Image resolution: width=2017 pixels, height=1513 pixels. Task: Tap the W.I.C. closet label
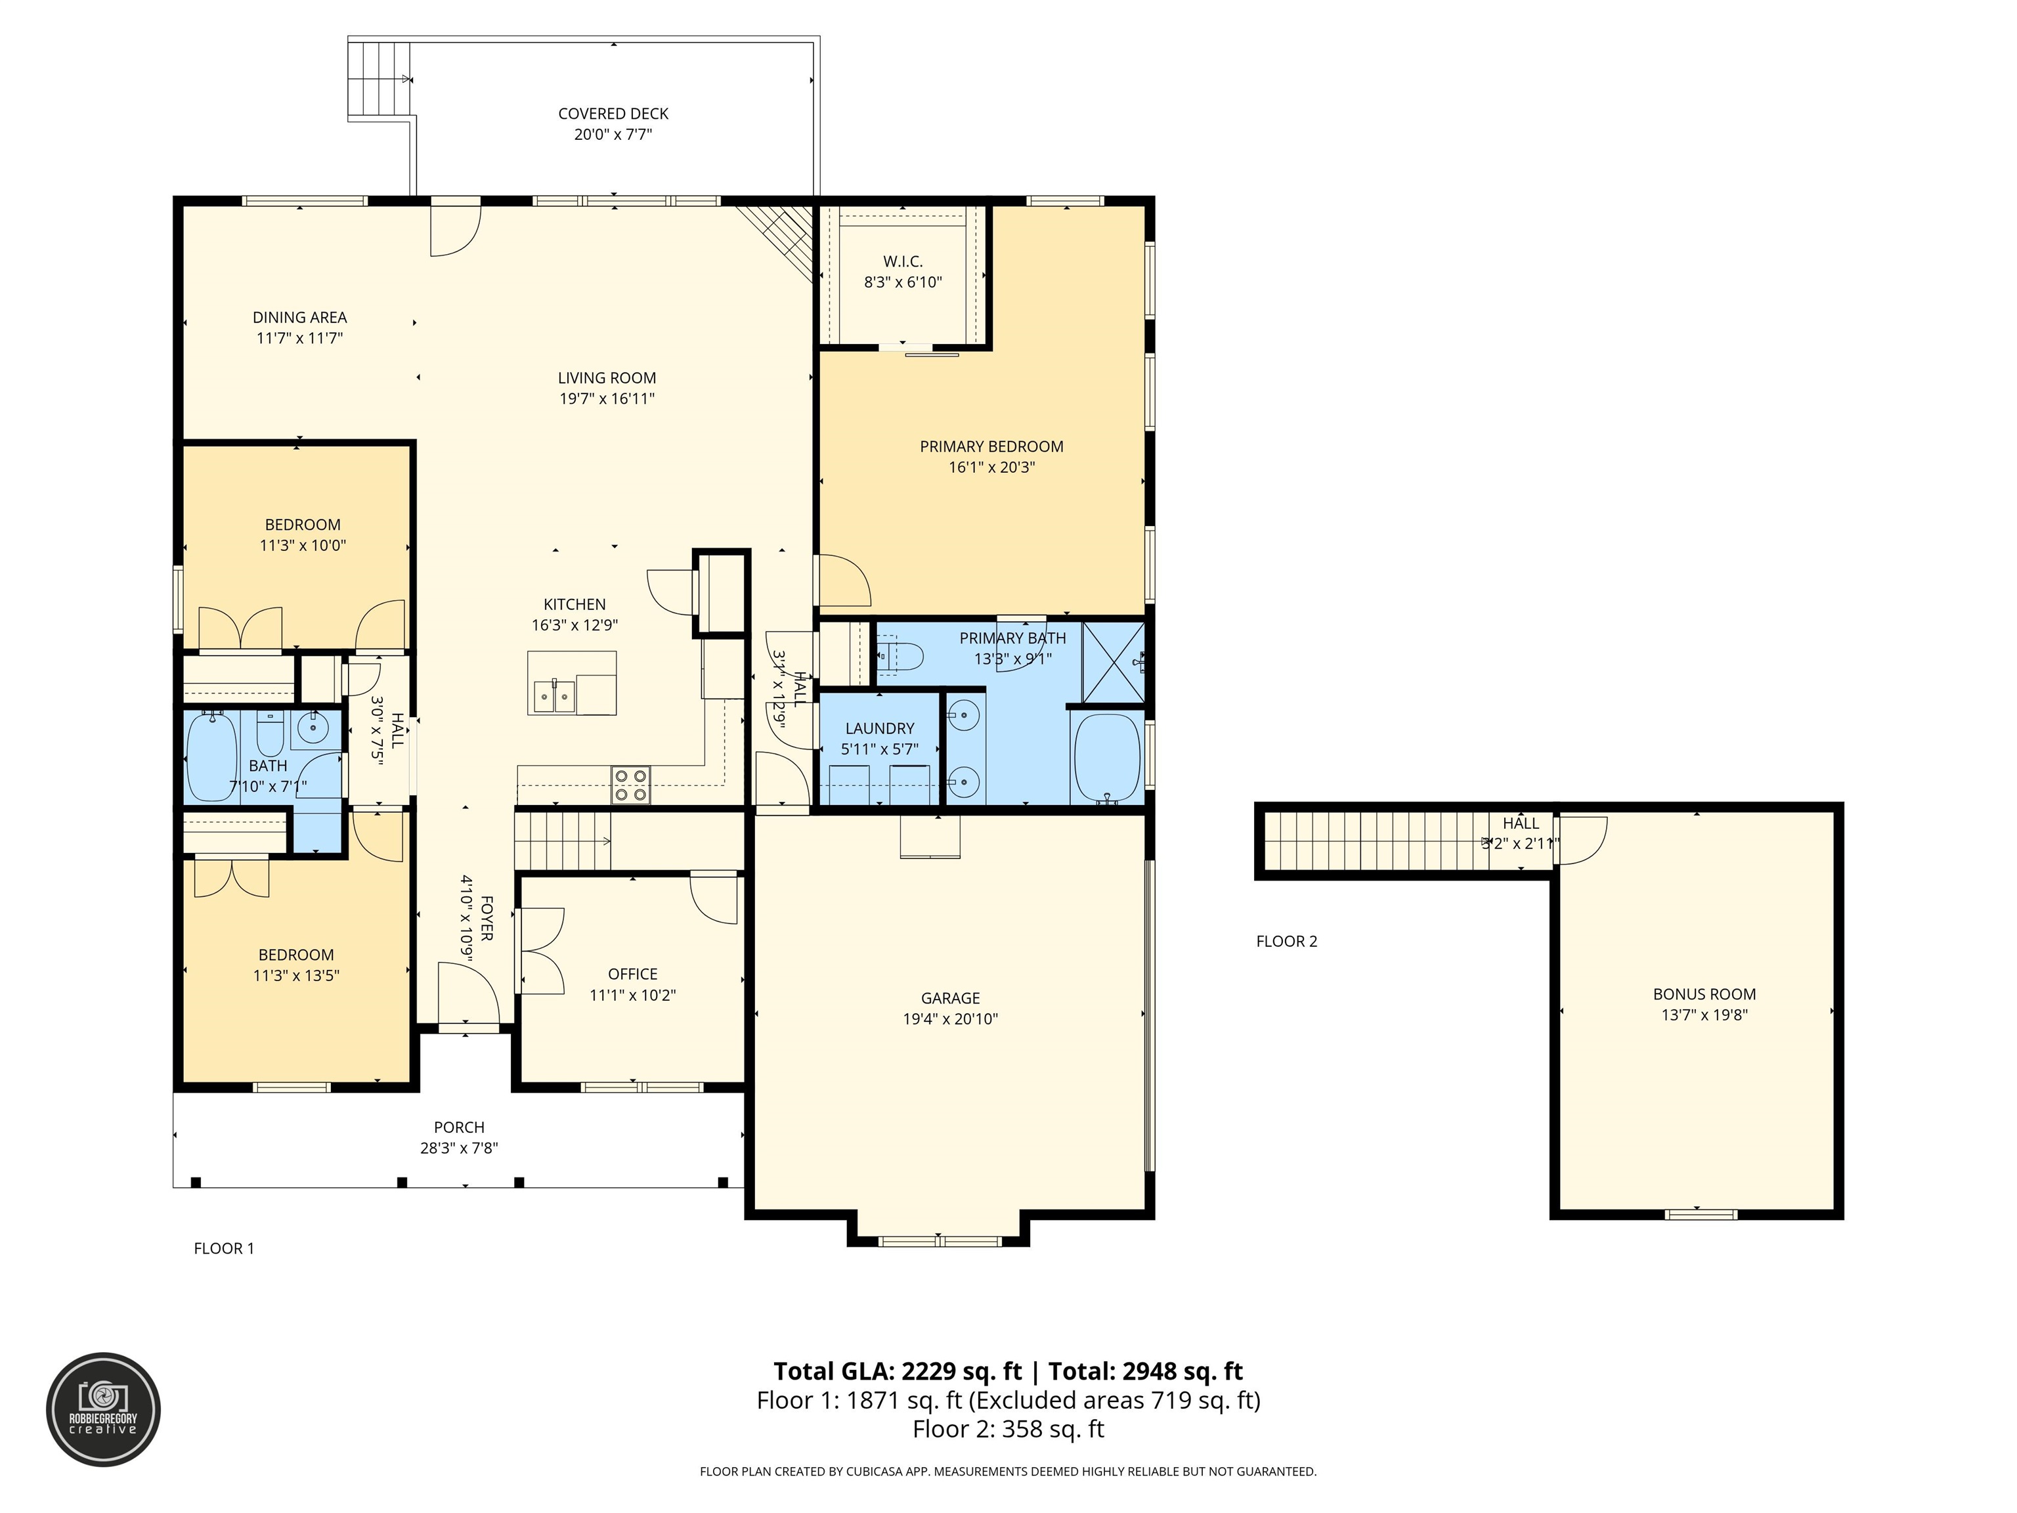point(903,262)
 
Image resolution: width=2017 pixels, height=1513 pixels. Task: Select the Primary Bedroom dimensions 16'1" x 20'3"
point(991,468)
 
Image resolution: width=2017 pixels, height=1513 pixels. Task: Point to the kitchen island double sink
point(553,697)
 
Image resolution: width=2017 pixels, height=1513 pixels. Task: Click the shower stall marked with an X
point(1114,662)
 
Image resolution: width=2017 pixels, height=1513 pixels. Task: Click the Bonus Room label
point(1704,995)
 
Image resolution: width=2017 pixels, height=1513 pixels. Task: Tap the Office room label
point(633,974)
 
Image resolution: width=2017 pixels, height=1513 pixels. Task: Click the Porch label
point(459,1128)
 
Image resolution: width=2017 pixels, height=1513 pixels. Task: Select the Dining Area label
point(299,317)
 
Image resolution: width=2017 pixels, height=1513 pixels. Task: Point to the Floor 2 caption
point(1287,941)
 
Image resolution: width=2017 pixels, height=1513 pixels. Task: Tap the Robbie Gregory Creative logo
point(104,1409)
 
